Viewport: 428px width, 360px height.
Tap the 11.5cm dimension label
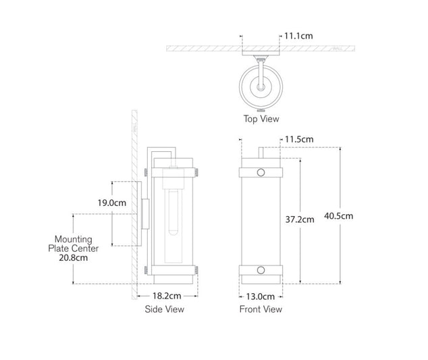(299, 139)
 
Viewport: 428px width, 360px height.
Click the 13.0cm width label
(260, 296)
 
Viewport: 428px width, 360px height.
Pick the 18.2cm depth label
(165, 296)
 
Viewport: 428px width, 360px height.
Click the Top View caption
(261, 118)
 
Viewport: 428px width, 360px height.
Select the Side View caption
(165, 309)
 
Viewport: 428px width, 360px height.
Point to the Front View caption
(261, 309)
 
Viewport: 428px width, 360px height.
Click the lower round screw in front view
(261, 272)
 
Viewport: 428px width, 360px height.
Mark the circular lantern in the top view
(261, 86)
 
